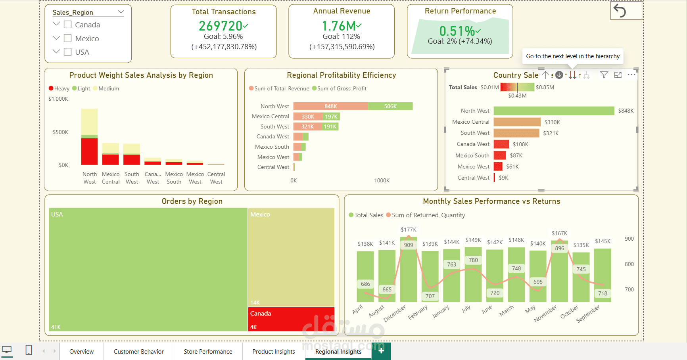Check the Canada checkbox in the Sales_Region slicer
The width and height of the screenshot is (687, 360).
tap(68, 25)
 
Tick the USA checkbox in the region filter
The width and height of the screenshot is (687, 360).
tap(68, 52)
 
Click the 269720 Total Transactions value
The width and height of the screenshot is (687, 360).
tap(221, 26)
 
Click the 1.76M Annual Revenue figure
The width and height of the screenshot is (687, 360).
tap(339, 26)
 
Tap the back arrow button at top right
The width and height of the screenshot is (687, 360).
tap(620, 10)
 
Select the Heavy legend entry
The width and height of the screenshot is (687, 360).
tap(59, 88)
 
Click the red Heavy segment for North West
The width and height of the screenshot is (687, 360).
tap(89, 151)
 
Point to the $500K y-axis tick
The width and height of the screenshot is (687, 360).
tap(60, 132)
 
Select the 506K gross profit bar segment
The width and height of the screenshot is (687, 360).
tap(390, 106)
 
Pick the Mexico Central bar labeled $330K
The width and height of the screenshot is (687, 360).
tap(517, 122)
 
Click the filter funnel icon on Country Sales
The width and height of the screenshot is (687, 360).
tap(604, 75)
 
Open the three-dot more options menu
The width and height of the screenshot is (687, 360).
tap(631, 75)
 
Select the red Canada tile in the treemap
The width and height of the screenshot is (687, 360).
tap(292, 319)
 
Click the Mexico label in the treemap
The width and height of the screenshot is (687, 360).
tap(260, 214)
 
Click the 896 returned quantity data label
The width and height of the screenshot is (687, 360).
tap(559, 248)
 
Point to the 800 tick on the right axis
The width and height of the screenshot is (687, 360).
tap(629, 264)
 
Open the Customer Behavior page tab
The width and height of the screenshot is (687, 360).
tap(138, 352)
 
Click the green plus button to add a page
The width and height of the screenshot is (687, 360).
tap(381, 351)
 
